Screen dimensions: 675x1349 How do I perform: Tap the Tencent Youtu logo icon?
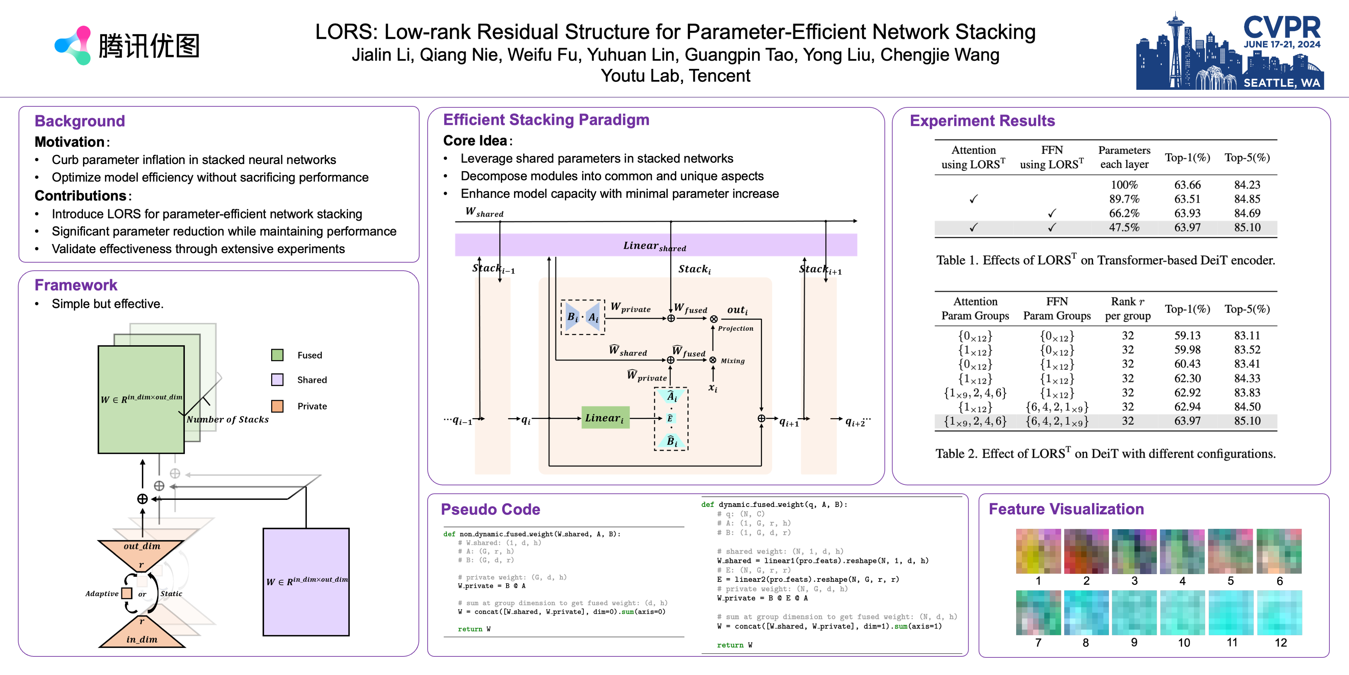pos(73,46)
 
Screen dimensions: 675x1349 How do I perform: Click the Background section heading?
pos(80,121)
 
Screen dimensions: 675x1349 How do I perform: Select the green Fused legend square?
pos(277,355)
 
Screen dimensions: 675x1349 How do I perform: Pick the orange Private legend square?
pos(277,406)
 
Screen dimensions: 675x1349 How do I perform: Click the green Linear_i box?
pos(605,418)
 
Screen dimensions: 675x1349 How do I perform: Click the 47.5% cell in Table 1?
pos(1124,227)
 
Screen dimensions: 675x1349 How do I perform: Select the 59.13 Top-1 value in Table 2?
pos(1187,335)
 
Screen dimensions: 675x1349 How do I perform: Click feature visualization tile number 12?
pos(1279,612)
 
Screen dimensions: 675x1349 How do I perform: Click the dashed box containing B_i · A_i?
pos(582,317)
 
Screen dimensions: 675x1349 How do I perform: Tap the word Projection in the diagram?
pos(735,329)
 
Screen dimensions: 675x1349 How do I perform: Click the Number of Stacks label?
pos(227,419)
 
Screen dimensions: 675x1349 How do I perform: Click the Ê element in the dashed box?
pos(670,418)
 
